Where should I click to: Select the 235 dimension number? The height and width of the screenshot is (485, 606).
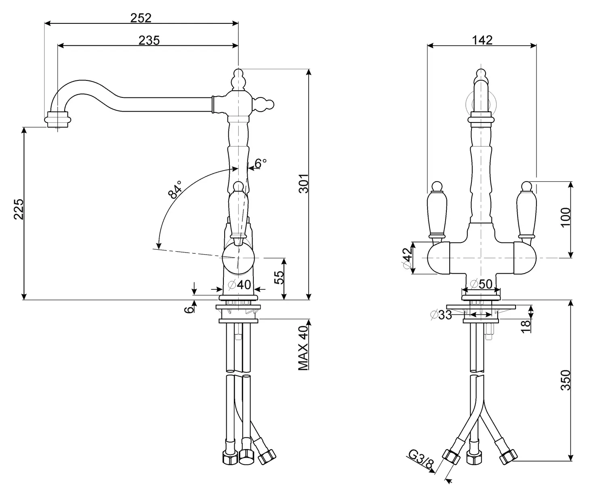[149, 40]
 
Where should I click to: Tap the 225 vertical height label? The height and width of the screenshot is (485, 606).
[19, 209]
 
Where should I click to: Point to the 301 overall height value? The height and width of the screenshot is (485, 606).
[303, 183]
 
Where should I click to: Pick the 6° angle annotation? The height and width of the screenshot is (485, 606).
[261, 163]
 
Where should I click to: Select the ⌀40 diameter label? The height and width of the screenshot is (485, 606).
[240, 285]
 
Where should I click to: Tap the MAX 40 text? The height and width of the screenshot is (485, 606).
[303, 348]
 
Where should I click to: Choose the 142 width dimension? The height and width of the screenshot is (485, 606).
[482, 40]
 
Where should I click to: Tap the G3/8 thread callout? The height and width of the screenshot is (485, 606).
[421, 461]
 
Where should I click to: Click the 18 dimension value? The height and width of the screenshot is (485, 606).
[525, 326]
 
